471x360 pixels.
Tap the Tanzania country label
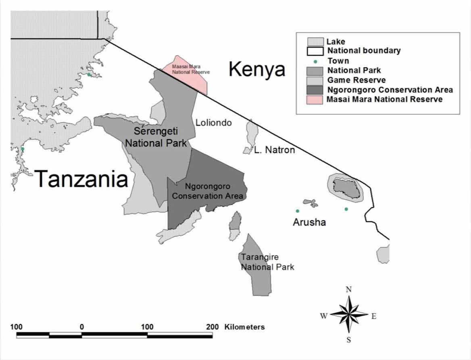(81, 179)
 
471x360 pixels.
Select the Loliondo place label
(214, 122)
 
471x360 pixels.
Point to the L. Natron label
(274, 150)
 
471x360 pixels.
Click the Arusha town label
(309, 222)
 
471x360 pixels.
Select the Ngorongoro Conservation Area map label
(208, 191)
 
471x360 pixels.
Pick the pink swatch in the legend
(315, 99)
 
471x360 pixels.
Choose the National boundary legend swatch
(315, 51)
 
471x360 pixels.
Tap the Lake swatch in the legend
(315, 42)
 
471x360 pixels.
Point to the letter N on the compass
(349, 289)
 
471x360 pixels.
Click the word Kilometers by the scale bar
(244, 327)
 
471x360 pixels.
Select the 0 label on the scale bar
(82, 327)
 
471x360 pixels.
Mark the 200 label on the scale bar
(212, 327)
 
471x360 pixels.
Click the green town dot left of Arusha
(298, 211)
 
